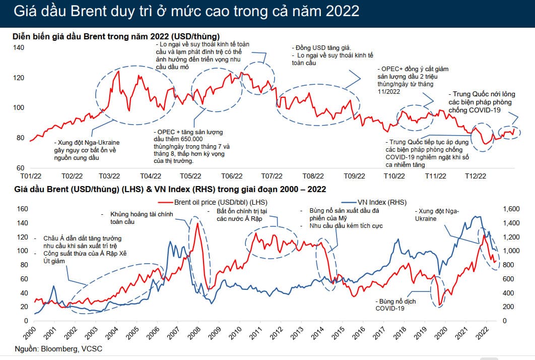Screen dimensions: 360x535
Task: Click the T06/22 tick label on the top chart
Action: (232, 176)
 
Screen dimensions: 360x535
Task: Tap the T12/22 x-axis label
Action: (475, 176)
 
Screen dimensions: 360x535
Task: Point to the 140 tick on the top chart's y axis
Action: (18, 47)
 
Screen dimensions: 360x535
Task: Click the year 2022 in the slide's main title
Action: (342, 11)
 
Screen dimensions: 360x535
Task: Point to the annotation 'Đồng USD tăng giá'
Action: (320, 47)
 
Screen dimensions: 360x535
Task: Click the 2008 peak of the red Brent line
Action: (197, 223)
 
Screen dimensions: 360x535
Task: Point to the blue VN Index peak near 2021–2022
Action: (476, 216)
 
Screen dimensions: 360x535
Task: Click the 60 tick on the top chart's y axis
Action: (20, 167)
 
